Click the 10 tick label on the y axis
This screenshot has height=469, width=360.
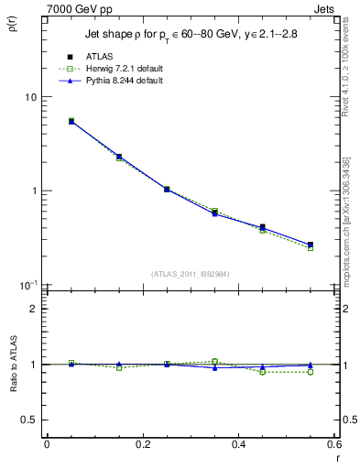pos(29,97)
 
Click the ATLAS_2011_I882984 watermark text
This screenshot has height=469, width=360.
pos(191,274)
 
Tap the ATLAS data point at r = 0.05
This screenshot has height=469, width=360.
pos(71,121)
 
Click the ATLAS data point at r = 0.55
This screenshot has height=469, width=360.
pos(311,245)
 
